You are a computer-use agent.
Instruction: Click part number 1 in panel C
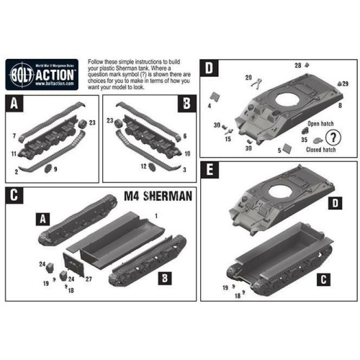pyautogui.click(x=177, y=215)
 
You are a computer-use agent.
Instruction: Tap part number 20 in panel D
pyautogui.click(x=248, y=77)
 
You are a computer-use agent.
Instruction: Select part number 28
pyautogui.click(x=298, y=66)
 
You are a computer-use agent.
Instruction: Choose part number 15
pyautogui.click(x=228, y=138)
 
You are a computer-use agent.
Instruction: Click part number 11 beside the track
pyautogui.click(x=14, y=154)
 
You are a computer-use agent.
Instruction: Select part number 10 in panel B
pyautogui.click(x=186, y=154)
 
